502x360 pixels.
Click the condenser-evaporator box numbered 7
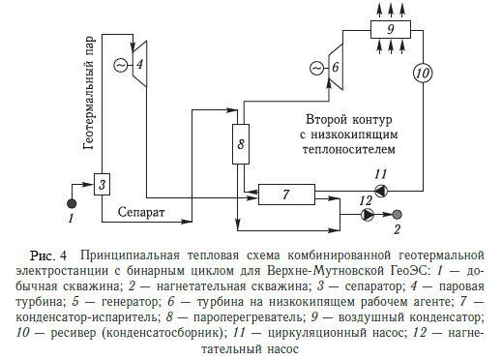point(287,195)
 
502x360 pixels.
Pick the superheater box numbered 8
point(242,146)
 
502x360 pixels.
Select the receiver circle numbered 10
point(422,71)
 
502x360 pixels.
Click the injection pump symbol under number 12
point(366,214)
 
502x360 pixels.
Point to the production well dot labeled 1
point(71,203)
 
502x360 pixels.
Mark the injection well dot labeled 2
point(398,214)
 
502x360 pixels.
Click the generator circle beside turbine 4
point(121,64)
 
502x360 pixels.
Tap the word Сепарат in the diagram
point(143,210)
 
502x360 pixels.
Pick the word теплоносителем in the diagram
point(346,151)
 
